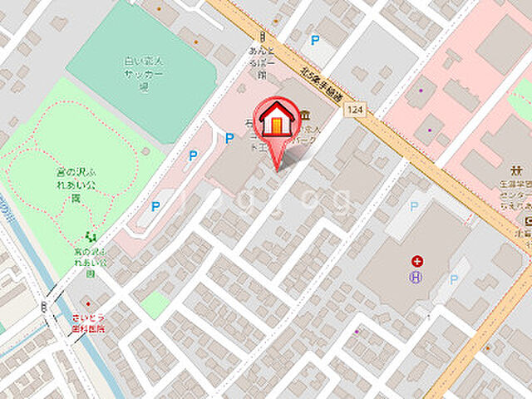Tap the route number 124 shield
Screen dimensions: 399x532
[357, 110]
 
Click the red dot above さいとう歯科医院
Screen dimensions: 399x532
[84, 303]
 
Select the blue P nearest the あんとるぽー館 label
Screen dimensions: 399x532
[314, 39]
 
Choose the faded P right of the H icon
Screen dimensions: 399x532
[454, 279]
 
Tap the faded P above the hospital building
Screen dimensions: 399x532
[414, 206]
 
